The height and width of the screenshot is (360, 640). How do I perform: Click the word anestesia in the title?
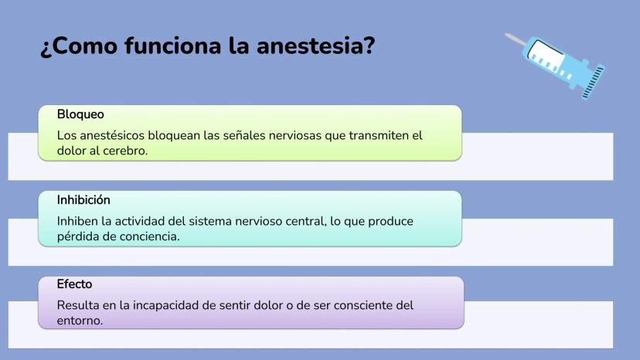point(315,46)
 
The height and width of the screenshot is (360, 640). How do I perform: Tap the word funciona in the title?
point(173,46)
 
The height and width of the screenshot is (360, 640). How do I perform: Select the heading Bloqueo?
point(80,114)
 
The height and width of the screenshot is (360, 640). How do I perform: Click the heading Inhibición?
point(83,200)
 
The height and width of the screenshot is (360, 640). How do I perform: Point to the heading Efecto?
point(74,284)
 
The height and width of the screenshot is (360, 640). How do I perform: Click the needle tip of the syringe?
point(506,35)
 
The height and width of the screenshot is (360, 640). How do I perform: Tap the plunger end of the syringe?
point(593,82)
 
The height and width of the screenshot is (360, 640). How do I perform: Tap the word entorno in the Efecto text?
point(80,321)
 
